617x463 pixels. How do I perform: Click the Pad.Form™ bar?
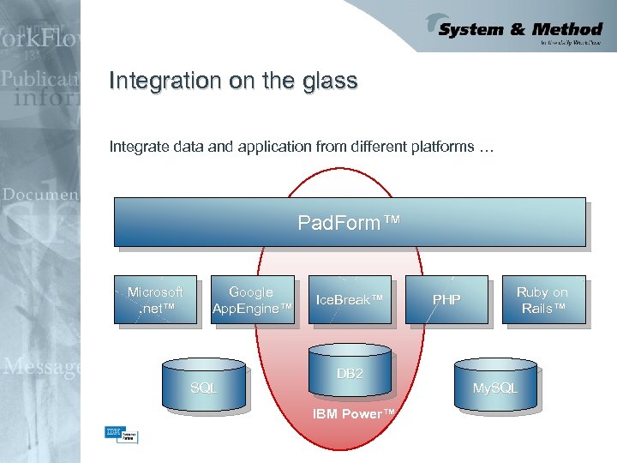pos(350,223)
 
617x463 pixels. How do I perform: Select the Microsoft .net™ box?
pos(155,300)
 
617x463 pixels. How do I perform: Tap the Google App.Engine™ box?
pos(252,300)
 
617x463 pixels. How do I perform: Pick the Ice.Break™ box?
pos(349,300)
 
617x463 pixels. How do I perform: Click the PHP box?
pos(446,300)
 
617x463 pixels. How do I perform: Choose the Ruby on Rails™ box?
pos(542,300)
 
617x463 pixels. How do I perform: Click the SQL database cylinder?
pos(204,387)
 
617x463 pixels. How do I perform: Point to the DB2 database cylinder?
pos(350,372)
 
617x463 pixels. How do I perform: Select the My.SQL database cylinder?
pos(495,387)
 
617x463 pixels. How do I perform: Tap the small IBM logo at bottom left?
pos(112,433)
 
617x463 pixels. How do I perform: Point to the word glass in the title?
pos(330,81)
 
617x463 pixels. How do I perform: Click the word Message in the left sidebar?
pos(41,367)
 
